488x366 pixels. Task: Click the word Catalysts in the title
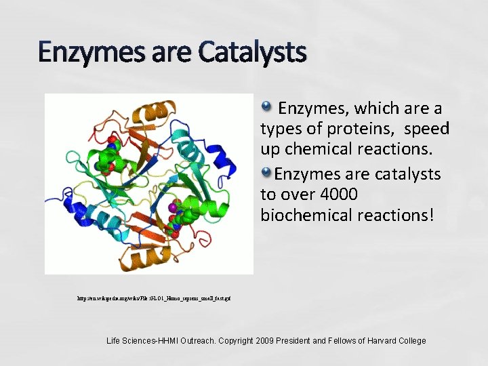[x=252, y=52]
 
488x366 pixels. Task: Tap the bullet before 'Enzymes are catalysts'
[x=267, y=172]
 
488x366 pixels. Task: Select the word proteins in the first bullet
[x=359, y=128]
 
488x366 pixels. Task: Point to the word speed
[x=426, y=128]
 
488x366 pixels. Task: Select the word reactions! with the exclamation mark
[x=397, y=215]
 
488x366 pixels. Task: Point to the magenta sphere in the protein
[x=174, y=207]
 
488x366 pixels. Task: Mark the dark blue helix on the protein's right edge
[x=221, y=159]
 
